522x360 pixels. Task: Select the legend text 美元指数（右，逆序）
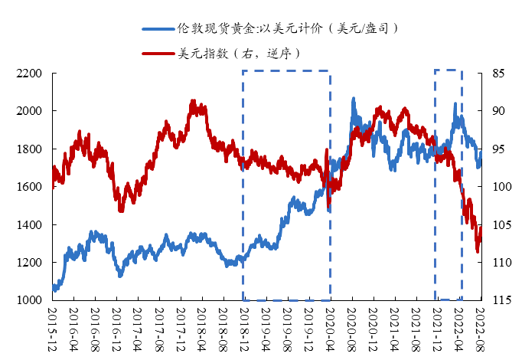coord(238,54)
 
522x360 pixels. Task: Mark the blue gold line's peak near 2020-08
coord(353,99)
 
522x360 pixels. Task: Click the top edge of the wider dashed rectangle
coord(286,71)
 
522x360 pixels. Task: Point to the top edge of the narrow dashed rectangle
coord(449,70)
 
